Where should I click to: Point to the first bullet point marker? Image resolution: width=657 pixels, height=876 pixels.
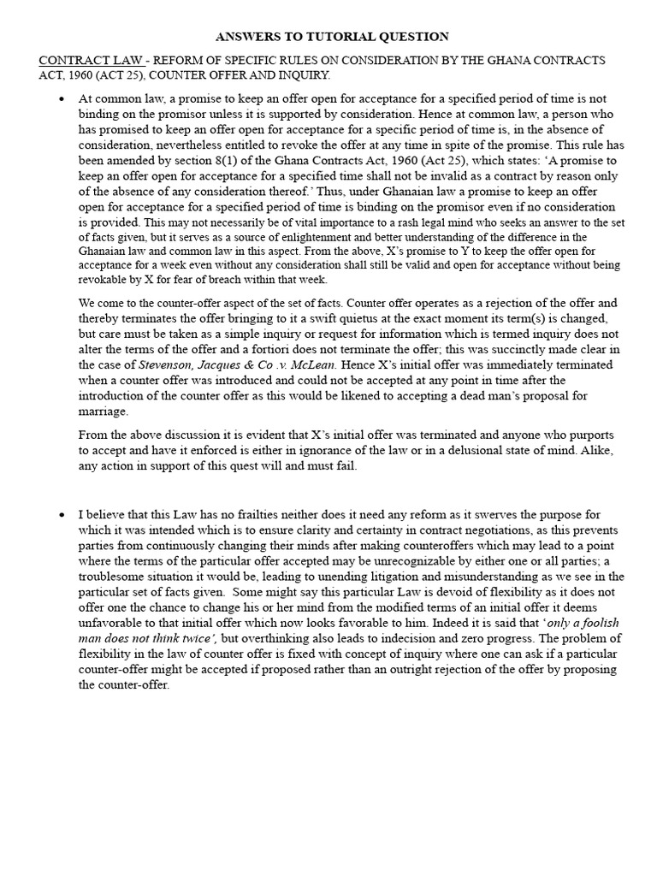pyautogui.click(x=61, y=100)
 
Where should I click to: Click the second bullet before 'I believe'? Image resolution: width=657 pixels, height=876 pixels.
pyautogui.click(x=61, y=515)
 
